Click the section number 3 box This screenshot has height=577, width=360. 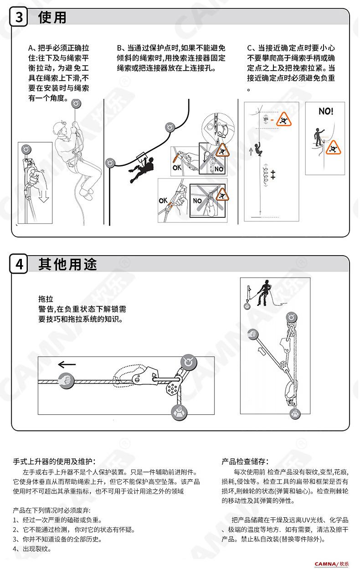pyautogui.click(x=19, y=17)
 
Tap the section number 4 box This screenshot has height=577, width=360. pyautogui.click(x=19, y=264)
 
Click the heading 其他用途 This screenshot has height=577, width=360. pyautogui.click(x=68, y=264)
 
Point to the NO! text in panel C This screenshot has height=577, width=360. pyautogui.click(x=326, y=111)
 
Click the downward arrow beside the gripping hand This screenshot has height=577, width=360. pyautogui.click(x=44, y=196)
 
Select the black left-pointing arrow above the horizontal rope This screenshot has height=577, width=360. pyautogui.click(x=67, y=365)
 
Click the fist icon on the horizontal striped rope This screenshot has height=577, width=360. pyautogui.click(x=67, y=381)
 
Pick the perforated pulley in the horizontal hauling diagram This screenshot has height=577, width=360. pyautogui.click(x=172, y=388)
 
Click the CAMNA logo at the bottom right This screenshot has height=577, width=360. pyautogui.click(x=331, y=564)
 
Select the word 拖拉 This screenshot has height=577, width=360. pyautogui.click(x=46, y=299)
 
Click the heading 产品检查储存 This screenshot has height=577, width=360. pyautogui.click(x=245, y=461)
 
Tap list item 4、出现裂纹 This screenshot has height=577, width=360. pyautogui.click(x=32, y=549)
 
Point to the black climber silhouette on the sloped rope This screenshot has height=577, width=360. pyautogui.click(x=141, y=170)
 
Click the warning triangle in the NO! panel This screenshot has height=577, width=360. pyautogui.click(x=333, y=148)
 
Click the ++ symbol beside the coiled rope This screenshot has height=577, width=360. pyautogui.click(x=273, y=175)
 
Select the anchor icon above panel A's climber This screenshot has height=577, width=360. pyautogui.click(x=76, y=104)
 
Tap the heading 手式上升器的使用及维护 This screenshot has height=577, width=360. pyautogui.click(x=54, y=461)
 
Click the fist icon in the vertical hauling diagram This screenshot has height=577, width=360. pyautogui.click(x=253, y=335)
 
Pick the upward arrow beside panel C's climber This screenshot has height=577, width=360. pyautogui.click(x=251, y=151)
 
